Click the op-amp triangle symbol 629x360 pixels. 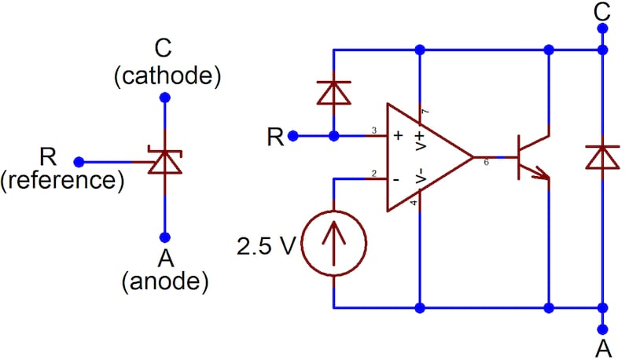(x=425, y=157)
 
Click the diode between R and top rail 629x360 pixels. (x=335, y=94)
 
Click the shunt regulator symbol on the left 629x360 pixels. (x=164, y=162)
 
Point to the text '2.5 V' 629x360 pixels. (x=267, y=247)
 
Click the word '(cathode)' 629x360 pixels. (x=166, y=77)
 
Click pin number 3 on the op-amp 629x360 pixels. (x=374, y=130)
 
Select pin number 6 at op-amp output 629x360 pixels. (x=485, y=163)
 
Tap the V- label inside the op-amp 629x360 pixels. (x=419, y=176)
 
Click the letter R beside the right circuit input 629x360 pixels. (x=275, y=136)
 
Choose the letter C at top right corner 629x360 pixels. (x=601, y=11)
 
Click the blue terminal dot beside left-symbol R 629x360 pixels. (x=79, y=162)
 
